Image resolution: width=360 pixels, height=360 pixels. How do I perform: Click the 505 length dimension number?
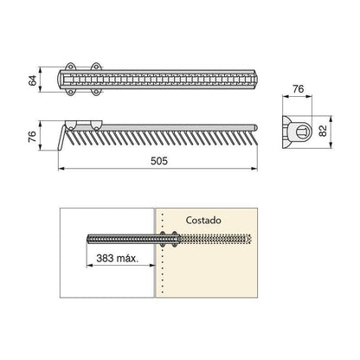click(159, 161)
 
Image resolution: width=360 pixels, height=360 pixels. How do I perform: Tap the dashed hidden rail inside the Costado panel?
click(216, 239)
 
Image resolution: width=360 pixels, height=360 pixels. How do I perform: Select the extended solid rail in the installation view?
click(125, 239)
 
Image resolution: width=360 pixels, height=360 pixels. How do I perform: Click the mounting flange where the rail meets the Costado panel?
click(170, 239)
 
